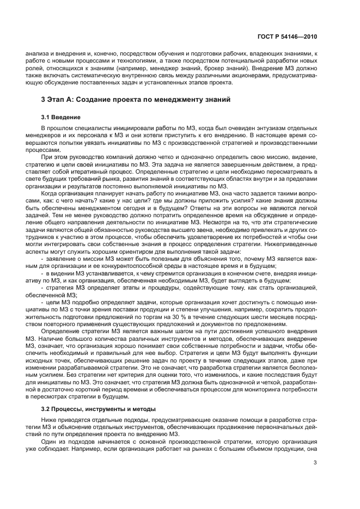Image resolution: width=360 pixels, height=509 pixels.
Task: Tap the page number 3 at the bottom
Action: (315, 463)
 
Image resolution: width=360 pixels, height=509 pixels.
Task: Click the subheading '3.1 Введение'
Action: (61, 117)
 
